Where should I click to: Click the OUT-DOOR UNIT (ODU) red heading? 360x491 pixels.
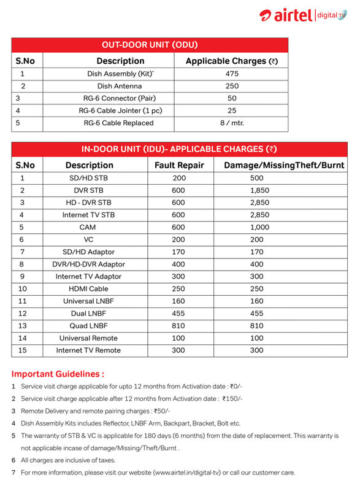[x=150, y=45]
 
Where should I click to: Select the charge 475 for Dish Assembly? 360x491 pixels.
[x=231, y=74]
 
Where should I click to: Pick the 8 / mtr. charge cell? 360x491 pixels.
[x=231, y=123]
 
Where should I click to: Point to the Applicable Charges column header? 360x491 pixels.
[x=231, y=61]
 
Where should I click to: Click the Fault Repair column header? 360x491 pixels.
[x=179, y=165]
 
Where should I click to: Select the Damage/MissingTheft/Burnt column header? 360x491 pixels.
[x=284, y=165]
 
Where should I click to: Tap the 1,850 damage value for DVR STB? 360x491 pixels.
[x=259, y=190]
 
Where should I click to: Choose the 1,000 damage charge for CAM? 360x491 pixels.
[x=259, y=227]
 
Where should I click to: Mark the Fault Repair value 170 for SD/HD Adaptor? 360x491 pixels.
[x=179, y=252]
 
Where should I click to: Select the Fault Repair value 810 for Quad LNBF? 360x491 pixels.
[x=179, y=325]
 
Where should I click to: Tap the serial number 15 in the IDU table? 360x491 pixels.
[x=23, y=350]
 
